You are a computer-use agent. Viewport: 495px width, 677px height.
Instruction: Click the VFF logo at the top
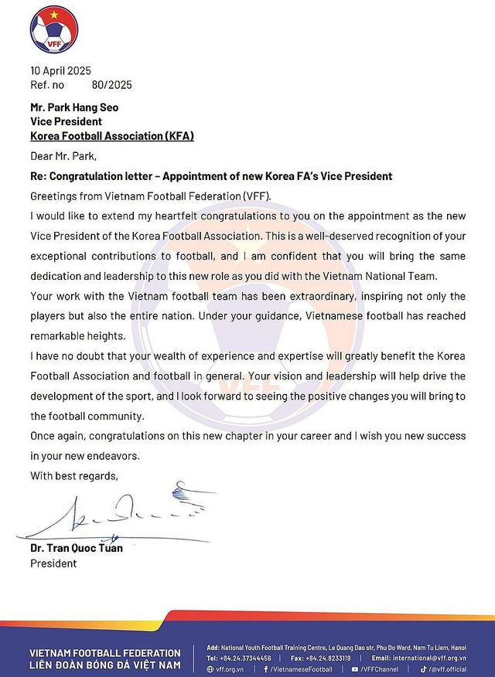point(54,29)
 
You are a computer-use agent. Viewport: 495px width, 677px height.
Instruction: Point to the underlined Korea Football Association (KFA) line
point(111,135)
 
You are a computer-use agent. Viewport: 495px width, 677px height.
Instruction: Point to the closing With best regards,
point(74,475)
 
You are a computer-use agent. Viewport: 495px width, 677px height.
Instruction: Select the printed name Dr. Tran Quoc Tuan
point(76,548)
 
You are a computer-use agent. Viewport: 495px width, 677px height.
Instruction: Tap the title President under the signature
point(53,563)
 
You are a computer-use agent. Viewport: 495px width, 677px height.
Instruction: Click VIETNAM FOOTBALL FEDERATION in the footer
point(105,653)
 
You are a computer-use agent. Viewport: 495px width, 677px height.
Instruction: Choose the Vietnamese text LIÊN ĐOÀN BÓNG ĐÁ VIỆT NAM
point(105,665)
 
